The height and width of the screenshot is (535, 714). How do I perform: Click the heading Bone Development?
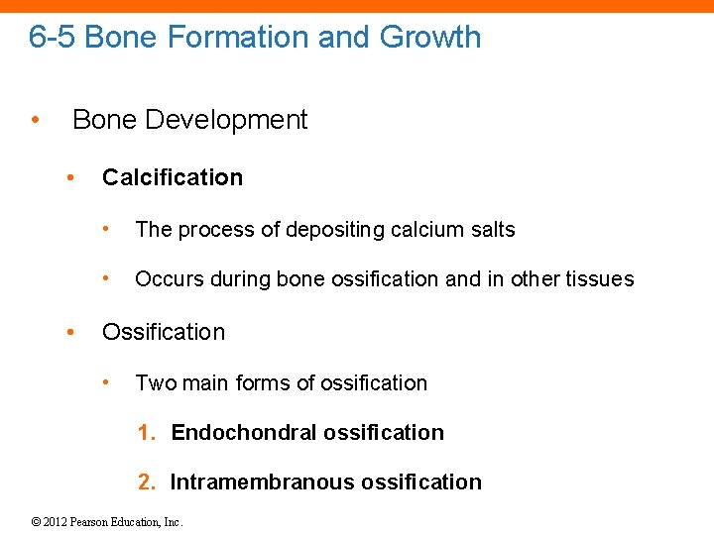[189, 120]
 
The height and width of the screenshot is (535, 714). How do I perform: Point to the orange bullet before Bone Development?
[35, 121]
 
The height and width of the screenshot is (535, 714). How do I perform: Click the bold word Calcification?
[173, 177]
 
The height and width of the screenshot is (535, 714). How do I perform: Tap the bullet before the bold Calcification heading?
[69, 178]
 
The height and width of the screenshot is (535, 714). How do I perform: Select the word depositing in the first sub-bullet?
[335, 230]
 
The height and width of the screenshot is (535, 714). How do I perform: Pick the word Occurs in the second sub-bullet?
[166, 279]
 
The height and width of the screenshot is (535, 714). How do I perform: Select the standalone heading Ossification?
[164, 332]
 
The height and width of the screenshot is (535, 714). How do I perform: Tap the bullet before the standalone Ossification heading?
[69, 332]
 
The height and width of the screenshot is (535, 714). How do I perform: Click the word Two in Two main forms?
[152, 383]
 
